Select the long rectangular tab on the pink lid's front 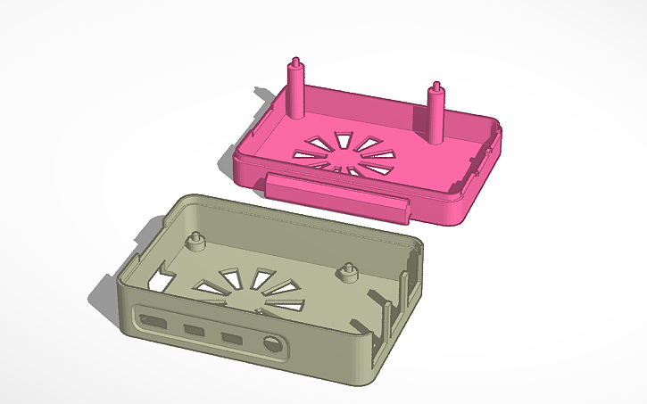[x=337, y=196]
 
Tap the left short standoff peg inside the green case [x=195, y=243]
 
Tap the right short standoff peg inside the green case [x=348, y=272]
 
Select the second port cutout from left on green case [x=194, y=330]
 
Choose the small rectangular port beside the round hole [x=233, y=339]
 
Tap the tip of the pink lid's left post [x=294, y=62]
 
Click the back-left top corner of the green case [x=191, y=197]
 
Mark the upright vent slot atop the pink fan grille [x=341, y=136]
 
